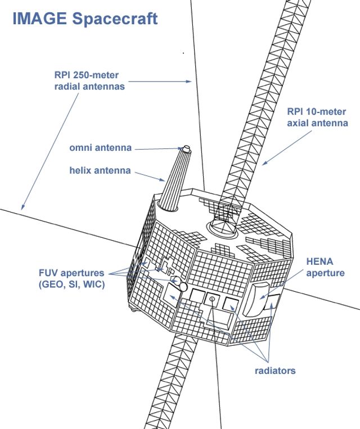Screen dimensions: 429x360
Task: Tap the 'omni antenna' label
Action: point(101,148)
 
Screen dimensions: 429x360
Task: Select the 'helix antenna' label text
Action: point(100,170)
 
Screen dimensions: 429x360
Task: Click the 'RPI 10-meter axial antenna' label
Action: point(317,118)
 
